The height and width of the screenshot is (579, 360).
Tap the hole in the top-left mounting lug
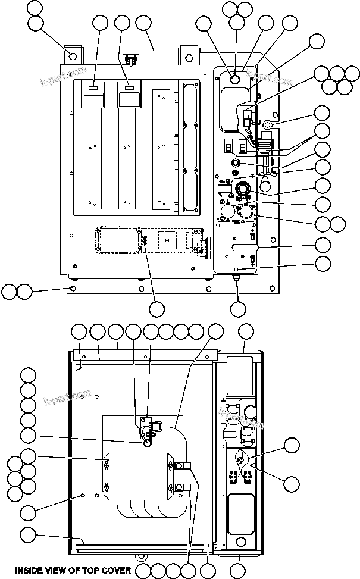tap(73, 57)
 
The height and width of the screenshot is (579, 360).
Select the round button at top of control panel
tap(234, 78)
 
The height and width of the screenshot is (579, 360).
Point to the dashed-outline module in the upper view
tap(117, 240)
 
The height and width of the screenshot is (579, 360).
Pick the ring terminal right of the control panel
tap(267, 126)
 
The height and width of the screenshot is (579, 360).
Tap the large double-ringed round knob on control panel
tap(242, 189)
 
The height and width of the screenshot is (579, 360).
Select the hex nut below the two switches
tap(235, 162)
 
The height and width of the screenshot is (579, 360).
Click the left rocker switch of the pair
tap(227, 146)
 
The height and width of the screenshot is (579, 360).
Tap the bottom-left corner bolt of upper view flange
tap(73, 288)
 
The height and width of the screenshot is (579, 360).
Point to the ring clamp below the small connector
tap(145, 442)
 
